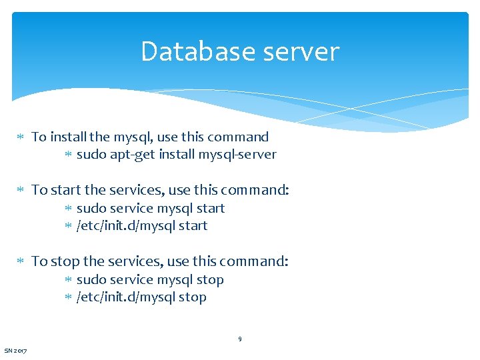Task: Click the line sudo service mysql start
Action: (151, 209)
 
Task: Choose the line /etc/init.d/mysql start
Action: (142, 226)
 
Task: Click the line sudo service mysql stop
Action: (150, 280)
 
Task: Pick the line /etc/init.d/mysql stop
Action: (141, 297)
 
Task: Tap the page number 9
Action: (240, 339)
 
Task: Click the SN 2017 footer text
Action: (15, 351)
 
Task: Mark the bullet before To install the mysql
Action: (20, 137)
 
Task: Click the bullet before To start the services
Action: (20, 190)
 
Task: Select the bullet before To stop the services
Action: (20, 261)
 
